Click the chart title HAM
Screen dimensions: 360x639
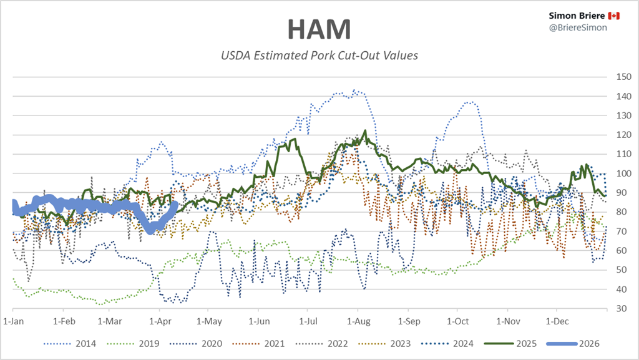tap(319, 29)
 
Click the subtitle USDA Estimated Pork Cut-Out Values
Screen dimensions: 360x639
tap(319, 56)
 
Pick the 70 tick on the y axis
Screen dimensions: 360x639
tap(621, 231)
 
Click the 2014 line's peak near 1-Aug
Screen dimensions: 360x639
tap(354, 90)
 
